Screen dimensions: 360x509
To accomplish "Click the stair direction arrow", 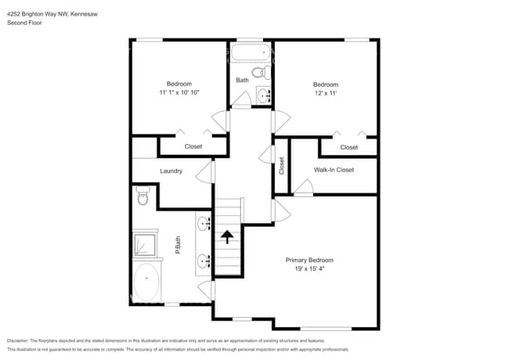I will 229,236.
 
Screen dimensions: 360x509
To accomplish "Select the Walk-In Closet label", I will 334,170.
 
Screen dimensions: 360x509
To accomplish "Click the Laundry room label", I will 171,171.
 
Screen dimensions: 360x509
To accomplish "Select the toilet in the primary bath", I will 143,196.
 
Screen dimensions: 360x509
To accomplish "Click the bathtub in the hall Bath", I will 251,55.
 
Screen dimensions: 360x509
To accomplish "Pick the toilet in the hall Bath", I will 267,74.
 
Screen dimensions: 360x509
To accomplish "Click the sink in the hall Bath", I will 263,95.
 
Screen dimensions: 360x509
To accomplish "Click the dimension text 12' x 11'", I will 325,93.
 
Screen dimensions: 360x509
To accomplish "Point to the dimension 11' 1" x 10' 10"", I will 179,92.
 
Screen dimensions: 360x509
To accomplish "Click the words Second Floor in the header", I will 24,23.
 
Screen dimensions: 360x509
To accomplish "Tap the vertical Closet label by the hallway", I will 282,166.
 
